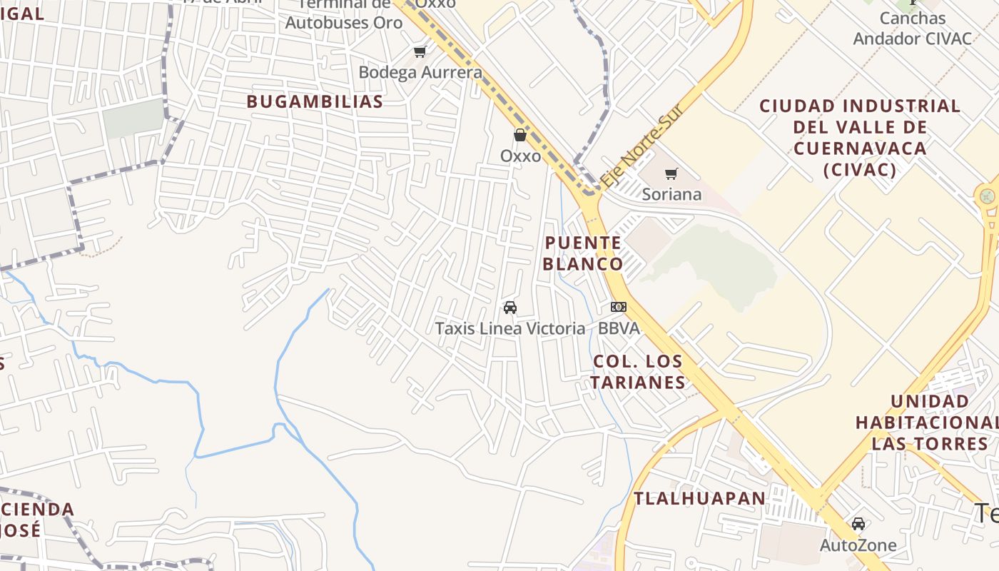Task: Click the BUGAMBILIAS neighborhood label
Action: pyautogui.click(x=315, y=101)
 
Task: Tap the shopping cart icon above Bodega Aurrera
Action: pyautogui.click(x=420, y=51)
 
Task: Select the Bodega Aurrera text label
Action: pyautogui.click(x=420, y=72)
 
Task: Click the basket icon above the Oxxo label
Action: pyautogui.click(x=520, y=134)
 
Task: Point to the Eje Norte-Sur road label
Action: pyautogui.click(x=642, y=147)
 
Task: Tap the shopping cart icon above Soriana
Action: pyautogui.click(x=671, y=173)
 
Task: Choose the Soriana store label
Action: pyautogui.click(x=671, y=194)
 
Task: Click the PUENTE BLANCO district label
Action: pyautogui.click(x=582, y=253)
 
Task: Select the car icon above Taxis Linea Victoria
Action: pyautogui.click(x=510, y=308)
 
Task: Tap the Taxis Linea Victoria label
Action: pyautogui.click(x=510, y=328)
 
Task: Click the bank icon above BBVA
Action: pyautogui.click(x=618, y=307)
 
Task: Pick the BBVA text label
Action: pyautogui.click(x=619, y=328)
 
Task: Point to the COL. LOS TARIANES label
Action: pyautogui.click(x=637, y=371)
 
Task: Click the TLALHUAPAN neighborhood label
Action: pyautogui.click(x=699, y=498)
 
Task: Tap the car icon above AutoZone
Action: pyautogui.click(x=858, y=524)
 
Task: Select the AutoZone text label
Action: pyautogui.click(x=858, y=545)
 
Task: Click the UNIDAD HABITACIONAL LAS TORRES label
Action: pyautogui.click(x=930, y=423)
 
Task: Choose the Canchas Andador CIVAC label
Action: pyautogui.click(x=913, y=29)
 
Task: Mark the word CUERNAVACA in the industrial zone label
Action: pyautogui.click(x=860, y=148)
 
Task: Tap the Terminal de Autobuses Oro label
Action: pyautogui.click(x=344, y=14)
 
